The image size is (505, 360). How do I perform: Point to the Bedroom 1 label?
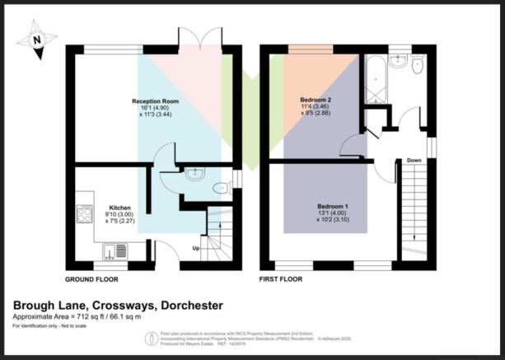pos(333,204)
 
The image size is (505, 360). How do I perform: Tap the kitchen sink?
pos(110,250)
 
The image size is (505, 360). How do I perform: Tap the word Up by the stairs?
pos(195,246)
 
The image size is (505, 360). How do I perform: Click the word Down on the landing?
pos(414,161)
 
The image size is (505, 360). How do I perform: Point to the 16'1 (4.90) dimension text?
pos(156,108)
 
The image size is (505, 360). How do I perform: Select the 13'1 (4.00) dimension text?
pos(333,212)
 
